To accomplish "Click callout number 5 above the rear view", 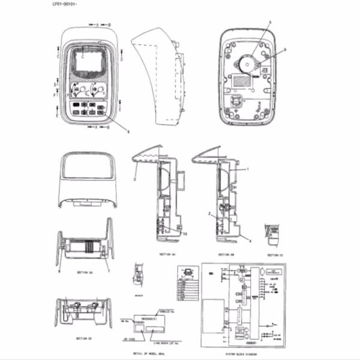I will (269, 23).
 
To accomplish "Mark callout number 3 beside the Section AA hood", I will (136, 178).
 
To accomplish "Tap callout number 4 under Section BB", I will (250, 241).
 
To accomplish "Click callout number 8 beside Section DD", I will (60, 271).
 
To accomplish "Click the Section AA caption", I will (167, 254).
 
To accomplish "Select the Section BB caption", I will (226, 254).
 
